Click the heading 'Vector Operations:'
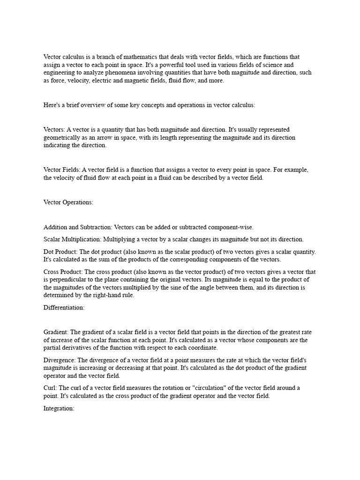[x=68, y=202]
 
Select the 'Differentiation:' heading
[x=64, y=307]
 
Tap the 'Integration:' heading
[x=59, y=409]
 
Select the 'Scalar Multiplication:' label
[x=72, y=240]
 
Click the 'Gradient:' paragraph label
[x=56, y=332]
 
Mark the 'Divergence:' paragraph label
[x=60, y=360]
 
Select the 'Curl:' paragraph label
[x=51, y=388]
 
